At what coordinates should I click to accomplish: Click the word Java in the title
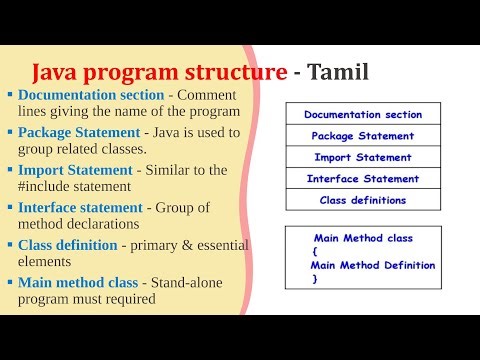pyautogui.click(x=57, y=72)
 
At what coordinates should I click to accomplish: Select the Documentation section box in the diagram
pyautogui.click(x=363, y=115)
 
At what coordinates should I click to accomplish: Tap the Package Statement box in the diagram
pyautogui.click(x=363, y=136)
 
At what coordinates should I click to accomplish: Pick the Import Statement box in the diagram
pyautogui.click(x=363, y=157)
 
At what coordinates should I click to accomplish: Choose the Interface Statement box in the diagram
pyautogui.click(x=363, y=179)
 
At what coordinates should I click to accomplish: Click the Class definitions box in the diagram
pyautogui.click(x=363, y=200)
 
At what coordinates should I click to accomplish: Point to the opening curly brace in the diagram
pyautogui.click(x=315, y=252)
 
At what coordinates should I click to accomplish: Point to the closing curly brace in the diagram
pyautogui.click(x=315, y=279)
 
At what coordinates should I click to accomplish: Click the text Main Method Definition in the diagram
pyautogui.click(x=373, y=266)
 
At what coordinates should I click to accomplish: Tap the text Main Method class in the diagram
pyautogui.click(x=363, y=238)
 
